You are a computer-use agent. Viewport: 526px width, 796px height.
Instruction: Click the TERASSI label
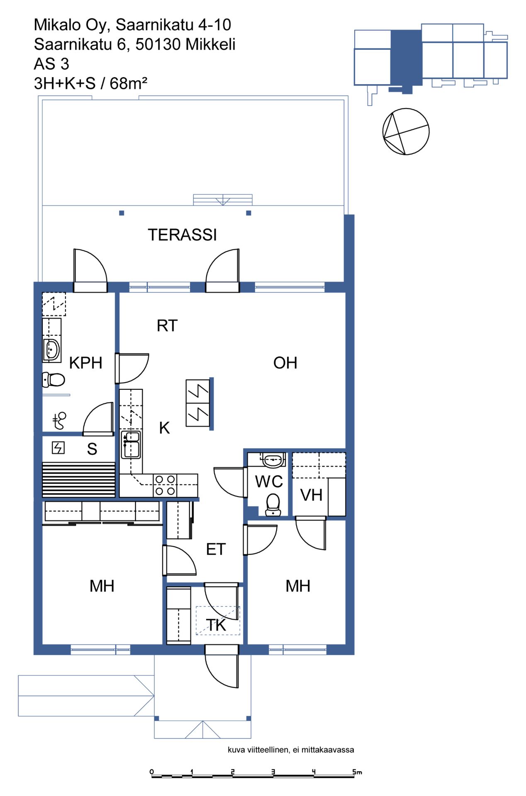pos(182,235)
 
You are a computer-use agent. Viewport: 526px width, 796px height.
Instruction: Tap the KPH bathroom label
pos(85,363)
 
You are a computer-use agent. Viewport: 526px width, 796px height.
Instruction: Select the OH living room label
pos(285,363)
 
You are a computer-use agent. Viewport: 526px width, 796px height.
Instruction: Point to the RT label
pos(167,325)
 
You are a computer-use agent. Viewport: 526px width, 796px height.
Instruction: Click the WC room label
pos(269,482)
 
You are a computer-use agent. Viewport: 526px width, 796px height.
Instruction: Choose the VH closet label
pos(311,495)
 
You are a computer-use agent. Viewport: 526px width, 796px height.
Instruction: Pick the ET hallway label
pos(216,549)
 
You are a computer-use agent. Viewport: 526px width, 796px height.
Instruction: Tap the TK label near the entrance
pos(216,625)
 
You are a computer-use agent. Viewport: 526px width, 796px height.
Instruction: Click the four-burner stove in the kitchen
pos(165,485)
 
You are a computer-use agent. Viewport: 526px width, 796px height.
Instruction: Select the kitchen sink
pos(131,444)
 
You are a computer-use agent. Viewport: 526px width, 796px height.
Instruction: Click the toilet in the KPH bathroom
pos(54,379)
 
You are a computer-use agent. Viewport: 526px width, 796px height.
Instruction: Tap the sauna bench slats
pos(79,480)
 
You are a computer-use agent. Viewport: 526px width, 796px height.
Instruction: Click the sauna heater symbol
pos(58,448)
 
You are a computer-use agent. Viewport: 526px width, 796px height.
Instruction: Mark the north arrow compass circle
pos(406,131)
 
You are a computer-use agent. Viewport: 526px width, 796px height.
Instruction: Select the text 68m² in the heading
pos(128,83)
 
